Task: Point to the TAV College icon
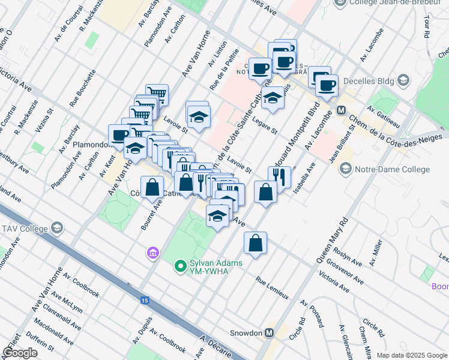pos(56,228)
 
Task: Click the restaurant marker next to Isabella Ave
pos(280,176)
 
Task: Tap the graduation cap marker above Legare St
pos(273,97)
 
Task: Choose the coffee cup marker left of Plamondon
pos(119,134)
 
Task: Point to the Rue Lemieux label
pos(272,288)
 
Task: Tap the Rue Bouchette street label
pos(82,88)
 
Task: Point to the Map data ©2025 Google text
pos(411,355)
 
